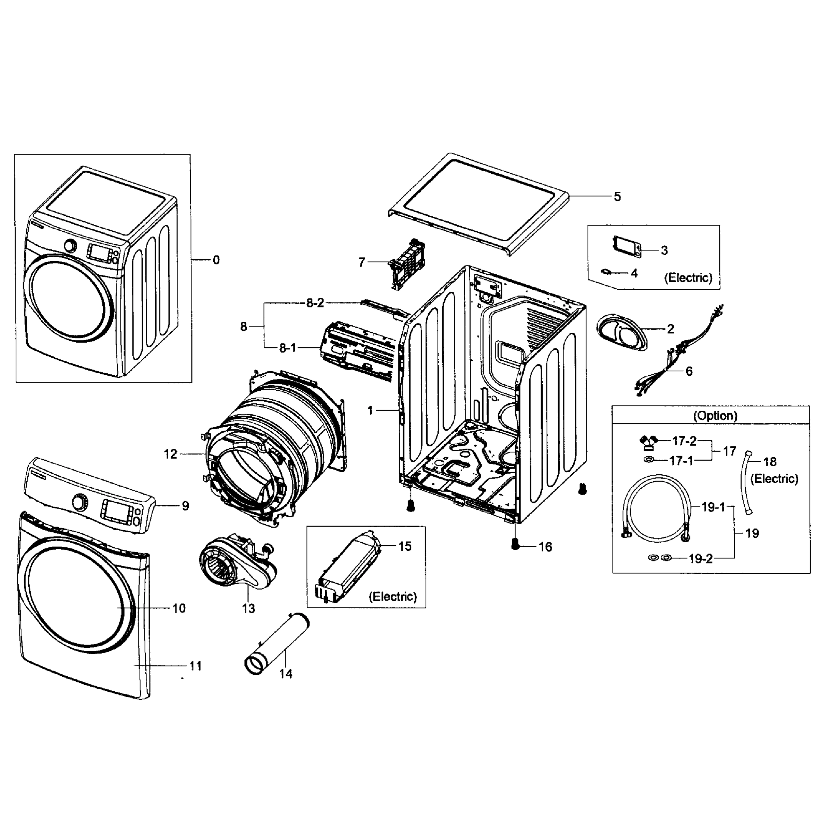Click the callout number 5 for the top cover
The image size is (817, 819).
[x=617, y=197]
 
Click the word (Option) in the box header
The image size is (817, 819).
[x=715, y=415]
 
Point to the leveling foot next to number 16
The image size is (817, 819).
[x=515, y=544]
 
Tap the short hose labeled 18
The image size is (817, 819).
[x=746, y=484]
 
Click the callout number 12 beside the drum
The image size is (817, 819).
[x=170, y=454]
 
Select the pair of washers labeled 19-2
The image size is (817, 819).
[x=660, y=558]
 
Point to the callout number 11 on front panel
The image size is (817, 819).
[x=195, y=666]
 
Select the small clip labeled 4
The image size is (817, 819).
[x=606, y=272]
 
